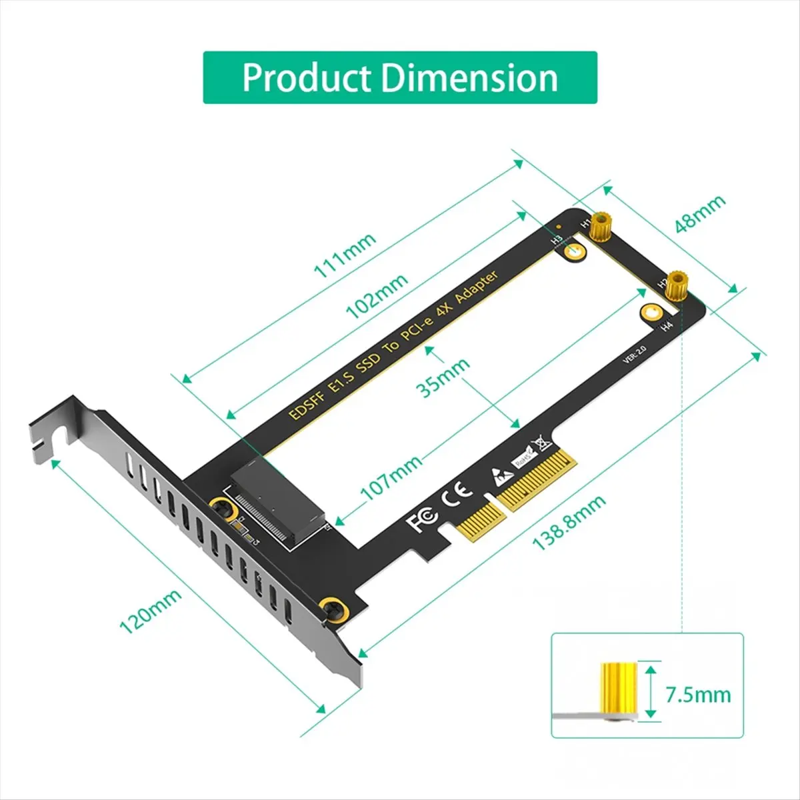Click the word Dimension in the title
click(469, 78)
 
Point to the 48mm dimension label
click(699, 214)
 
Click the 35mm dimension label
click(443, 377)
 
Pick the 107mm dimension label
click(391, 477)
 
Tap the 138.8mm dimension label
click(569, 522)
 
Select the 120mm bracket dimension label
click(150, 612)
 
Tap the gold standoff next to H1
click(603, 225)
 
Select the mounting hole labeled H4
click(651, 312)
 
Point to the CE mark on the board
click(458, 491)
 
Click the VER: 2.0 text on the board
click(635, 354)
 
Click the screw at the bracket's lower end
click(331, 609)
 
